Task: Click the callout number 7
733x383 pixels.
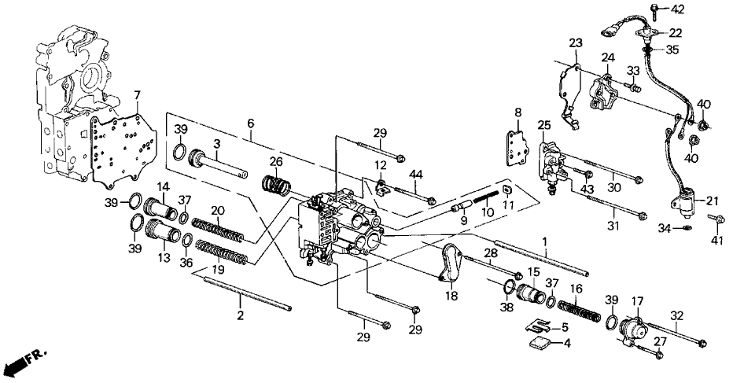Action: pos(138,96)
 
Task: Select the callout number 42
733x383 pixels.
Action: pos(678,9)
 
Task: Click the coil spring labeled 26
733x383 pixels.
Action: pos(276,189)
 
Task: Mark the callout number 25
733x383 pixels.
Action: pos(544,125)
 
